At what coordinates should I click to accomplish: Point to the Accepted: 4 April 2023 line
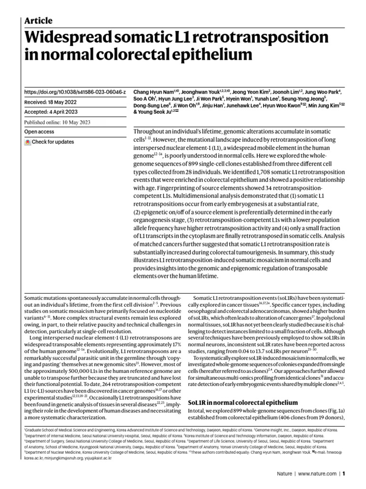click(52, 112)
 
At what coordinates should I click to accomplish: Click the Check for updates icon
click(28, 142)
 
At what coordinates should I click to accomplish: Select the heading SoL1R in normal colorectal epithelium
click(243, 403)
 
